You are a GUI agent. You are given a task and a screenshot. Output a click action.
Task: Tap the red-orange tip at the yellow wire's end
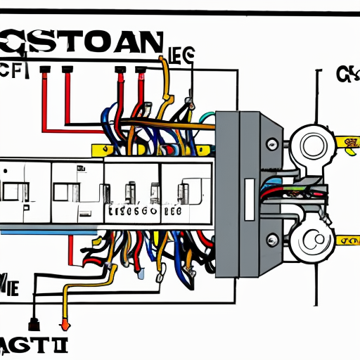(65, 325)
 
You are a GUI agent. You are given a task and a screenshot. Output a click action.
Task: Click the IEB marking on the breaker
(172, 210)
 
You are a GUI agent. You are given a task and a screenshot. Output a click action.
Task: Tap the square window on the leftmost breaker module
(12, 190)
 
